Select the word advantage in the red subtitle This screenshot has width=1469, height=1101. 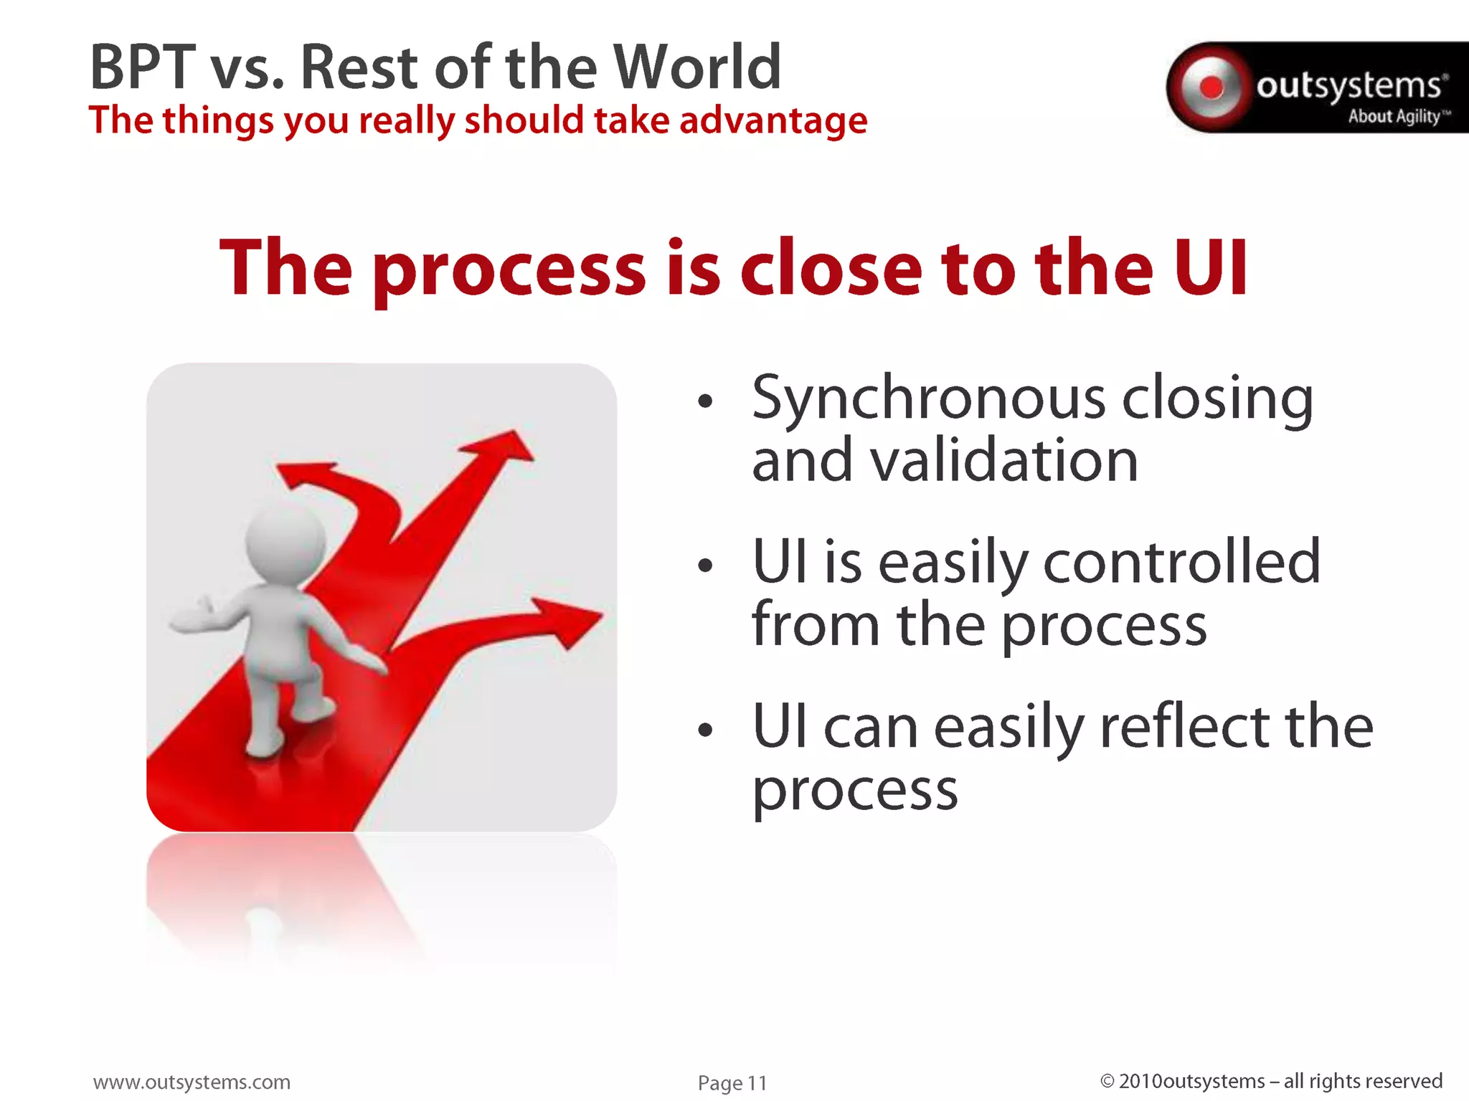(773, 120)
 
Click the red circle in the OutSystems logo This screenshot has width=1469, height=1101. (1211, 87)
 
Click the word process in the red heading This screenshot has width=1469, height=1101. (509, 270)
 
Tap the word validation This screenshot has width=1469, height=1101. (1004, 460)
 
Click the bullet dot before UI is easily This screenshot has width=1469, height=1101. (706, 566)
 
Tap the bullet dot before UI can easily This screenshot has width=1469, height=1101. (706, 730)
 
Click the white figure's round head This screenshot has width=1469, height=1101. (284, 543)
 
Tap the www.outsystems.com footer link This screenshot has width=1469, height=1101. (192, 1082)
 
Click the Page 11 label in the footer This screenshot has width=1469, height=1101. (732, 1082)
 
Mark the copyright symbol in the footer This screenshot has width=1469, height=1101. (1107, 1081)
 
